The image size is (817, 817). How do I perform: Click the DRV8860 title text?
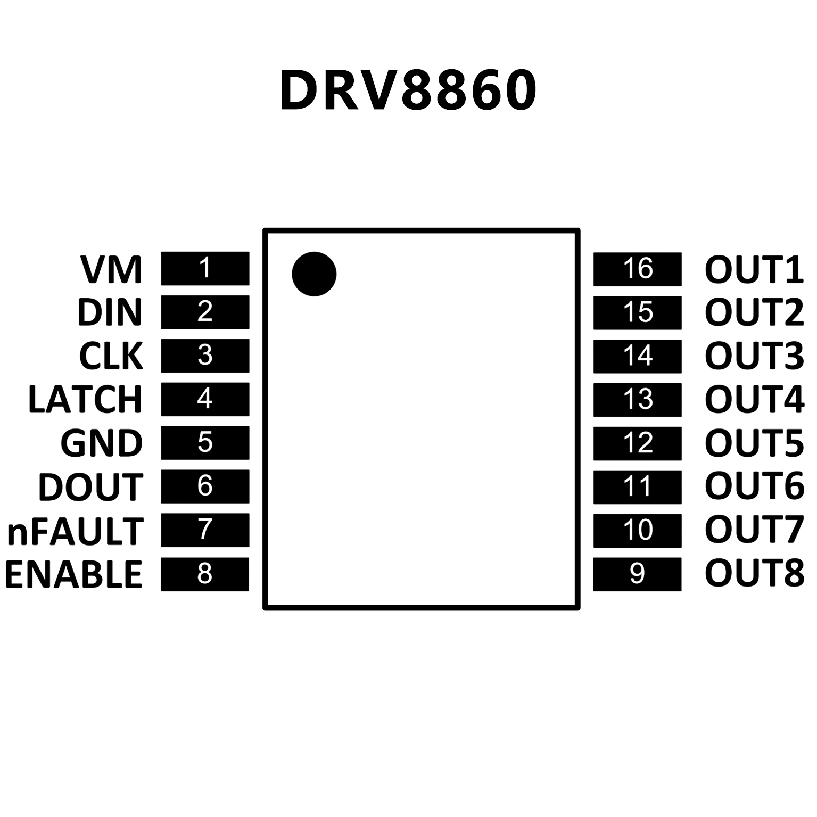408,90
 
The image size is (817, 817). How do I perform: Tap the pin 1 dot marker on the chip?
314,274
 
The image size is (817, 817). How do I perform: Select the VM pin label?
111,269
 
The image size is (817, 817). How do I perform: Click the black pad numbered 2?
205,312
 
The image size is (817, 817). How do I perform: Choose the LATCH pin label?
85,399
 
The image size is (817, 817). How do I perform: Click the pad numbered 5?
205,443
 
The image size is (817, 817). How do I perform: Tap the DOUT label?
90,486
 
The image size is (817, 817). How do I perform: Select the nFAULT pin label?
75,531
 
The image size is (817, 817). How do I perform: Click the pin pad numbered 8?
205,574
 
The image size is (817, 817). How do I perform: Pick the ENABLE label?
73,574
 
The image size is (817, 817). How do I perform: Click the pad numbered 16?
637,269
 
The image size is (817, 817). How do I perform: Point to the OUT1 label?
754,269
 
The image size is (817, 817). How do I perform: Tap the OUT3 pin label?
754,356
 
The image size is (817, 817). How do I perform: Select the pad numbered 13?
637,400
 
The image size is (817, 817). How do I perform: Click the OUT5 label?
754,443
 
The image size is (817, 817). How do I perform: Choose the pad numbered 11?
637,487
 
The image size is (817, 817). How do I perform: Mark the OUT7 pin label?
754,530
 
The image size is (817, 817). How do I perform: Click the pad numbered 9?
637,574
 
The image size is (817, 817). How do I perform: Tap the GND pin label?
102,443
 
